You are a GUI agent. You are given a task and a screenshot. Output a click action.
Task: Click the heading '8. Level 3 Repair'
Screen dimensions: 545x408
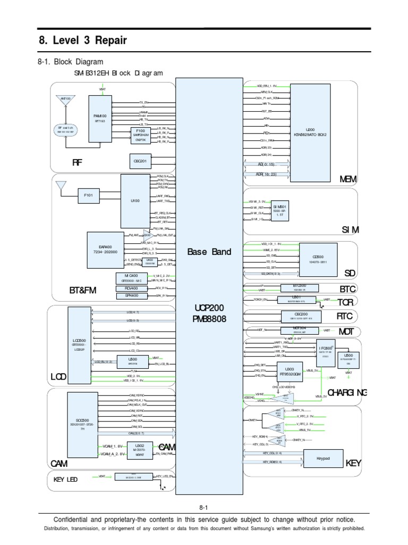[x=83, y=40]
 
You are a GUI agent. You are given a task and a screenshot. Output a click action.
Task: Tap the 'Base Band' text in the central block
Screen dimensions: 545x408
[x=209, y=252]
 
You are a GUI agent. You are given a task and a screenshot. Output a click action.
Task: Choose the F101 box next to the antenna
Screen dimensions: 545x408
[x=88, y=196]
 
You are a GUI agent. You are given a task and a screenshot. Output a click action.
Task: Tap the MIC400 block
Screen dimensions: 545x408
[x=130, y=263]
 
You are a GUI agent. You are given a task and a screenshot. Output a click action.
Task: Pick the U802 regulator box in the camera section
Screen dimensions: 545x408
[x=139, y=449]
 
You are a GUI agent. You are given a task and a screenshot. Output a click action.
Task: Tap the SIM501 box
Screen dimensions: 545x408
[x=279, y=209]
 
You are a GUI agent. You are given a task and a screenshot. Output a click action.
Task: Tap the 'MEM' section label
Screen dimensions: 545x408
[x=349, y=179]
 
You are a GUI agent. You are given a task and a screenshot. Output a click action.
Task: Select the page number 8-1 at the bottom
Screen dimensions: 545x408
[x=205, y=508]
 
